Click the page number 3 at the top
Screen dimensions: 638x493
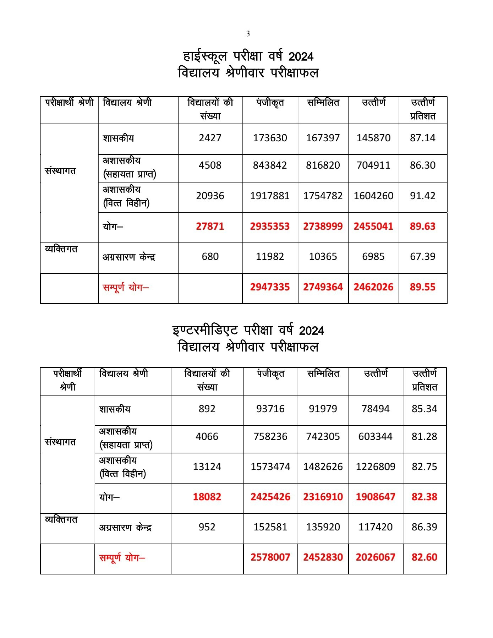(x=248, y=34)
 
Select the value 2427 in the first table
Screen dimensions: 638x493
(x=210, y=138)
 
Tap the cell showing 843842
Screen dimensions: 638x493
(x=270, y=165)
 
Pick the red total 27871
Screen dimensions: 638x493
(x=210, y=226)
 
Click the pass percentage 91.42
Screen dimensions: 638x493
(x=422, y=196)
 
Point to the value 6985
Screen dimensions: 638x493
(x=373, y=256)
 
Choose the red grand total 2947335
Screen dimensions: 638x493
(x=270, y=287)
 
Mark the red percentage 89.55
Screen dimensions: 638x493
(x=422, y=287)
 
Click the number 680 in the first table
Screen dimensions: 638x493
(x=210, y=256)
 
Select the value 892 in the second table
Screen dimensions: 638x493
(x=207, y=409)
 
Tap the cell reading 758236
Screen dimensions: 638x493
(x=270, y=436)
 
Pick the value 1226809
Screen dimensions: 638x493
(x=376, y=467)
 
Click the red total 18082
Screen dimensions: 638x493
(x=207, y=497)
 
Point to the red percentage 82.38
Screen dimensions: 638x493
(x=424, y=497)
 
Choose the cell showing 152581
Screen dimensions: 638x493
(x=270, y=527)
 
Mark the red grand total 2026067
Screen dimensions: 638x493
(x=376, y=557)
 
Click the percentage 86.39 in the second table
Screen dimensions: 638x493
(x=424, y=527)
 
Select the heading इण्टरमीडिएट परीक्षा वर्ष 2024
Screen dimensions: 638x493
(x=248, y=331)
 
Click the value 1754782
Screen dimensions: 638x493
(x=323, y=196)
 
